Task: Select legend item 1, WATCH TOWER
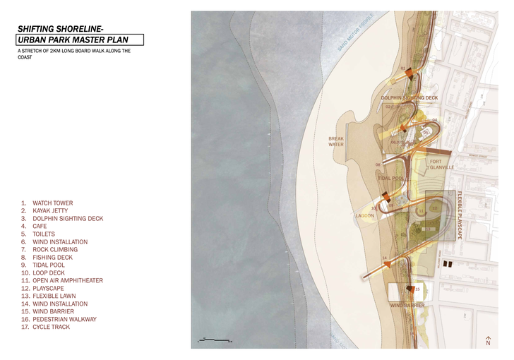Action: (x=52, y=203)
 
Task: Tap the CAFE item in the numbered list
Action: (x=40, y=227)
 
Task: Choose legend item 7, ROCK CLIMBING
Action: (x=55, y=250)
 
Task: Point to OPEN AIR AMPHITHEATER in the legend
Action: (x=67, y=281)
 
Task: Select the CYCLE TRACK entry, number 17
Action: (x=51, y=327)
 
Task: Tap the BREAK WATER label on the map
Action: (x=336, y=141)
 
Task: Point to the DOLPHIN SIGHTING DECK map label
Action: (x=410, y=98)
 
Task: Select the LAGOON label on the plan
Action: (x=364, y=215)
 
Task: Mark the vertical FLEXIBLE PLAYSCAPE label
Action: (x=460, y=215)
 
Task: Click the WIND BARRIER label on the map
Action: (x=407, y=306)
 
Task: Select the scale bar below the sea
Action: (x=214, y=340)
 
